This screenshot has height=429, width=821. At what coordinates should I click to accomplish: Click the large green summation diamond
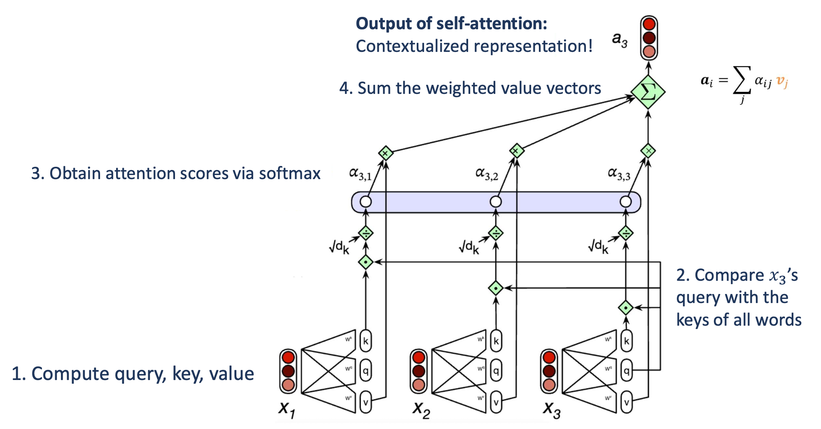tap(648, 92)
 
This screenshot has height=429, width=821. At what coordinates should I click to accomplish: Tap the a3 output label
tap(620, 40)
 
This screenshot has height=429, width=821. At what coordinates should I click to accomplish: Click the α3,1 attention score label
tap(360, 174)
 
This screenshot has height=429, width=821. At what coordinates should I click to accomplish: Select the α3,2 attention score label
tap(487, 174)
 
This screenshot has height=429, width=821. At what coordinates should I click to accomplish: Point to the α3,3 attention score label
tap(619, 174)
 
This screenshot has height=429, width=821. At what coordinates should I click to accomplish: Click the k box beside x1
tap(366, 341)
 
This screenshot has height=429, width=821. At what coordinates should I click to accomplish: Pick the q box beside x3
tap(626, 371)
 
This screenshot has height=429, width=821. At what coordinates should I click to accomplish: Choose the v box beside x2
tap(496, 402)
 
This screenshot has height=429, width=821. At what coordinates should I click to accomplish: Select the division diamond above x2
tap(496, 233)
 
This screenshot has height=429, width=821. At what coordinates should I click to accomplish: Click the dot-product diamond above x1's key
tap(366, 262)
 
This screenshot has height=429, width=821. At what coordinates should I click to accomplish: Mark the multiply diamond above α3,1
tap(385, 153)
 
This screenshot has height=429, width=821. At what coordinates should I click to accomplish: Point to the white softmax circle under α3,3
tap(625, 202)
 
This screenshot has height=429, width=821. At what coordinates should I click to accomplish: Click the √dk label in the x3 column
tap(598, 247)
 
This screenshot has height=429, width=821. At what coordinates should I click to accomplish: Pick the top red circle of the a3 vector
tap(649, 24)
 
